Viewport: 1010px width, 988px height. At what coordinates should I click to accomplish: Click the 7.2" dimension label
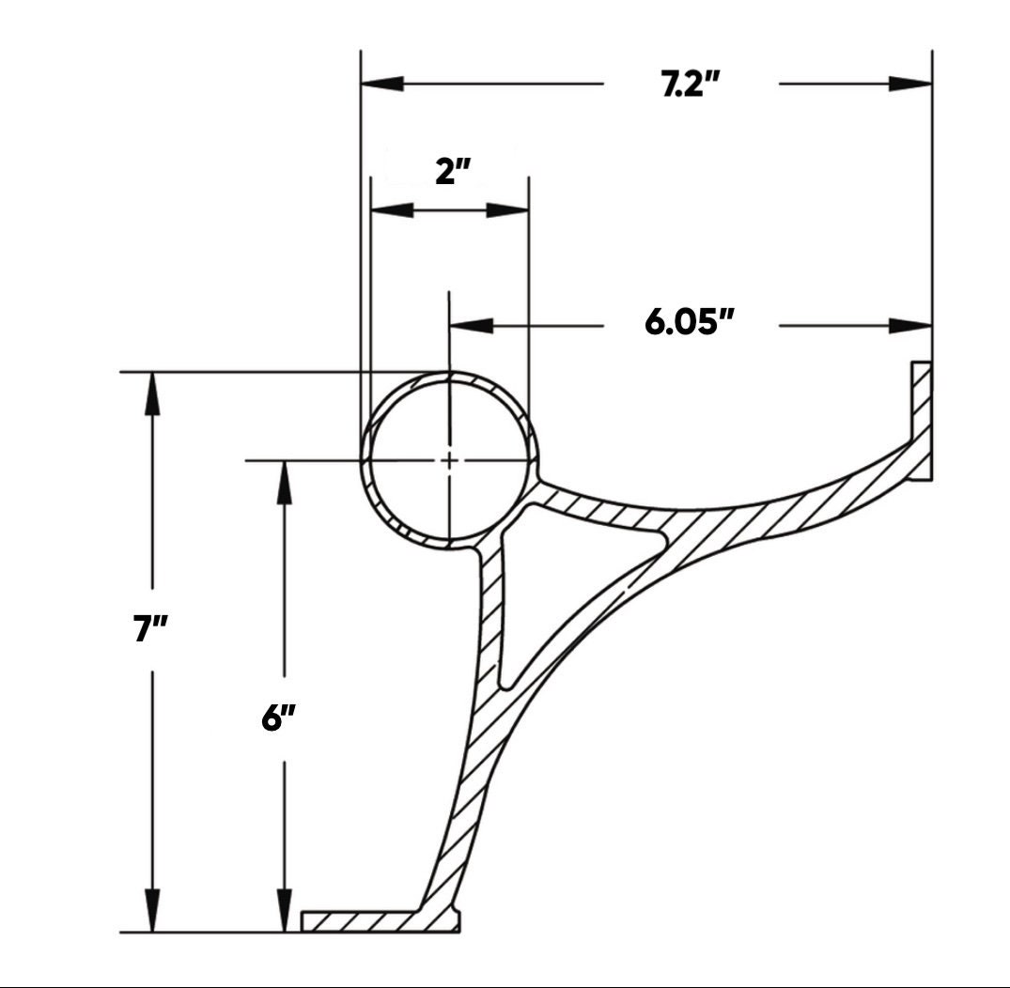coord(691,85)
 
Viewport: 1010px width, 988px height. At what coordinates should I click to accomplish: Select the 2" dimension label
coord(452,173)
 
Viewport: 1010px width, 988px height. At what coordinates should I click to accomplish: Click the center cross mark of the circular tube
coord(450,460)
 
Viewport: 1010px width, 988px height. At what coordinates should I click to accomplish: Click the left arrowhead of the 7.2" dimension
coord(382,84)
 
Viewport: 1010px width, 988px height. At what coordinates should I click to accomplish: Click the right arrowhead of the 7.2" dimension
coord(910,84)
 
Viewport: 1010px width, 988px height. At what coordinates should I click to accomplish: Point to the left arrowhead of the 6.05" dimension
coord(472,326)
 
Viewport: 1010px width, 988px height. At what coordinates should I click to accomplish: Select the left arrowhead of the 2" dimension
coord(393,209)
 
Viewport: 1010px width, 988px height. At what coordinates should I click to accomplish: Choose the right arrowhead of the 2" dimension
coord(507,209)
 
